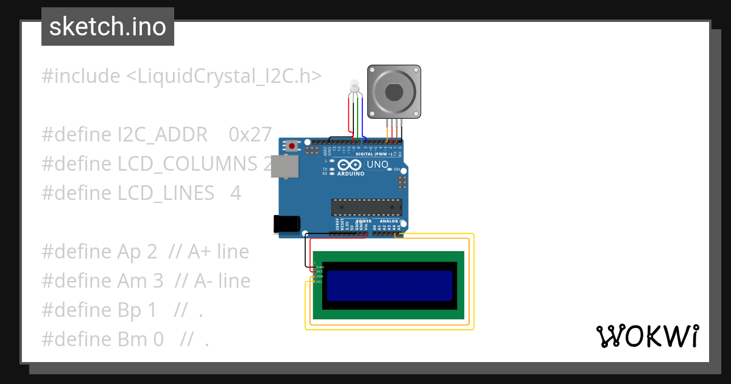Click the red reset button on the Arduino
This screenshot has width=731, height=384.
click(293, 146)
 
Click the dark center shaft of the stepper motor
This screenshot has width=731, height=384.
click(395, 93)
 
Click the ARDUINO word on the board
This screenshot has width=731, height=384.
click(350, 174)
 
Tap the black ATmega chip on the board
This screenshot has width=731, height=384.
click(366, 207)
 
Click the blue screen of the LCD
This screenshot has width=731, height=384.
click(390, 285)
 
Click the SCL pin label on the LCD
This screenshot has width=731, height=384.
click(319, 282)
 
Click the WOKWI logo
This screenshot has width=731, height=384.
click(648, 336)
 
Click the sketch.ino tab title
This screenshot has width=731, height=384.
click(108, 27)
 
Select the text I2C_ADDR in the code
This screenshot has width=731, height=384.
click(163, 135)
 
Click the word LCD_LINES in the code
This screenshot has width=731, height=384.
click(166, 193)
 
